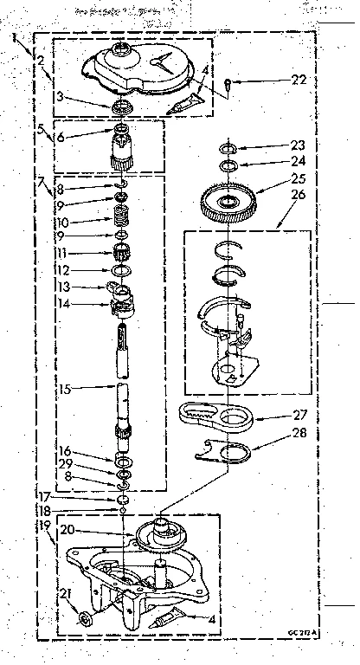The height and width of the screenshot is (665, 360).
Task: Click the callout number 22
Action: point(299,81)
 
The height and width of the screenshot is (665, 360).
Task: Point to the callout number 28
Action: point(299,434)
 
